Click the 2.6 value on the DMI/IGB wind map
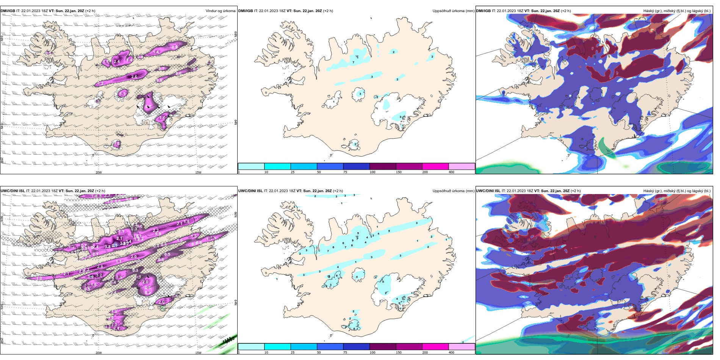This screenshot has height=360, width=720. tap(134, 77)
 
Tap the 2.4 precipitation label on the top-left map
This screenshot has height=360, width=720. tap(117, 61)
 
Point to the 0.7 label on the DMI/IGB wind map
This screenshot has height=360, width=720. tap(162, 69)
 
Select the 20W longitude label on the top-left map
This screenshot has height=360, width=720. tap(99, 172)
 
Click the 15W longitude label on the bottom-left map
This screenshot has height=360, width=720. tap(198, 353)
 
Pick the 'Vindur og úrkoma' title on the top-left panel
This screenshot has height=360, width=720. tap(220, 11)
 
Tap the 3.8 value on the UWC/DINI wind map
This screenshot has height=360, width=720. tap(108, 247)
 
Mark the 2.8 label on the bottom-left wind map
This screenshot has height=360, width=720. tap(100, 267)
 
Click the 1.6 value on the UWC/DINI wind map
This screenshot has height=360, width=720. tap(94, 284)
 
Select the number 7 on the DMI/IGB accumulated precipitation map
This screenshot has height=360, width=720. tap(354, 63)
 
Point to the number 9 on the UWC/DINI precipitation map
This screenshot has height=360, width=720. tap(353, 241)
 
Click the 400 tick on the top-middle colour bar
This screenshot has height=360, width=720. tap(451, 172)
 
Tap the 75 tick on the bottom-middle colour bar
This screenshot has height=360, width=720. tap(345, 353)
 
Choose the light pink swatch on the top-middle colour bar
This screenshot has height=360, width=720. tap(462, 166)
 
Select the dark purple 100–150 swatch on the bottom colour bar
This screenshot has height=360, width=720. tap(383, 347)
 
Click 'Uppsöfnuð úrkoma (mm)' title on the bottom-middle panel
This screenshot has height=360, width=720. tap(453, 191)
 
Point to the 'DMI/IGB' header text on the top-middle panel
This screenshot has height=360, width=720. tap(246, 11)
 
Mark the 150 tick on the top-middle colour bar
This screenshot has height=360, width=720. tap(399, 172)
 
